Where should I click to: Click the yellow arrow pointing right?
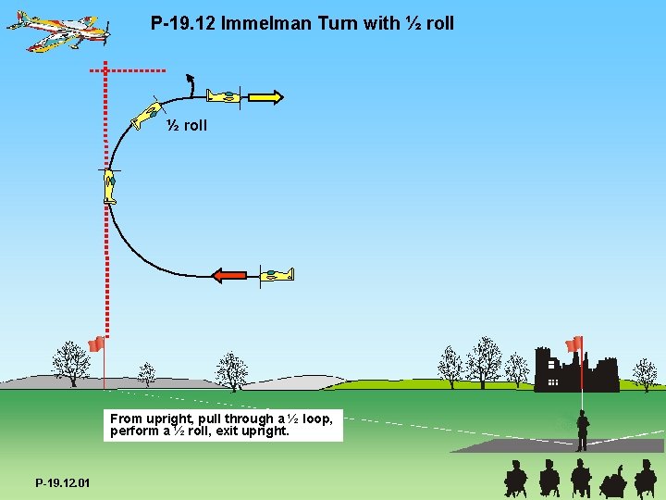tap(265, 96)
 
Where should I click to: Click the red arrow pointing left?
tap(228, 274)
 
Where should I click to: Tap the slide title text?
tap(302, 23)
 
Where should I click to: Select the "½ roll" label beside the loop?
tap(187, 125)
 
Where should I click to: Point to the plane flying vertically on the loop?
tap(109, 185)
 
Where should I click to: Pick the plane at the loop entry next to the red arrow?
tap(276, 274)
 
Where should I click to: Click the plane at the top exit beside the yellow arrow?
tap(223, 95)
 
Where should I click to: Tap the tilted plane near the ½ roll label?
tap(145, 116)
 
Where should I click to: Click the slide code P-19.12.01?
tap(63, 482)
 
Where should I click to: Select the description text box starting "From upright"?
tap(223, 425)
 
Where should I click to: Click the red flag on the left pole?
tap(95, 345)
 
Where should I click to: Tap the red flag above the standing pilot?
tap(574, 344)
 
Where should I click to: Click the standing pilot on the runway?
tap(582, 431)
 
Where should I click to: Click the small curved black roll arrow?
tap(190, 84)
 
